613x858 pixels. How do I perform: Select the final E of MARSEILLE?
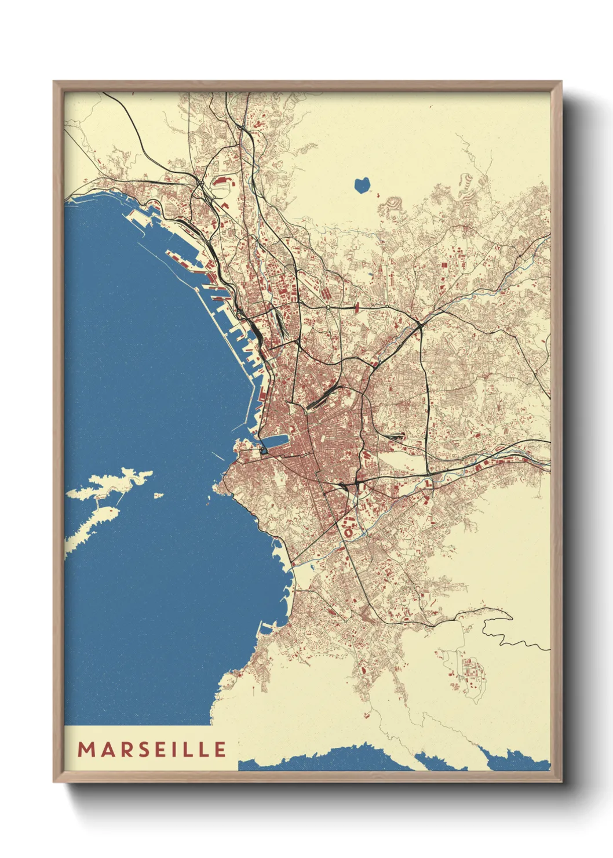point(220,750)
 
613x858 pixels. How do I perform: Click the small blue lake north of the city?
point(362,185)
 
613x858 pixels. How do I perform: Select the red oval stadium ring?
point(349,530)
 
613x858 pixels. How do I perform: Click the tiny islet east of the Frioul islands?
point(158,496)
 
